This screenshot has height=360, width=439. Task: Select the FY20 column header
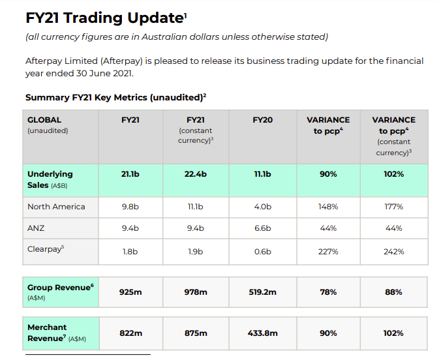pos(262,120)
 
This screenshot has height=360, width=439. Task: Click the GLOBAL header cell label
pos(44,120)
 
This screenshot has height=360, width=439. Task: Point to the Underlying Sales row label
pos(50,179)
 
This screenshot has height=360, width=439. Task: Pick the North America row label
pos(56,207)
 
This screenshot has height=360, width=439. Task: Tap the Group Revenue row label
pos(59,287)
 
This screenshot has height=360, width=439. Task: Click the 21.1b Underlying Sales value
pos(130,174)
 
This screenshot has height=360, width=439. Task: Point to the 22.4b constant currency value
pos(196,174)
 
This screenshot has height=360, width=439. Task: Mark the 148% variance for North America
pos(328,207)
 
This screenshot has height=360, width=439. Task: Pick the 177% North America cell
pos(393,207)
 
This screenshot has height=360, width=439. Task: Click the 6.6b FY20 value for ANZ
pos(262,228)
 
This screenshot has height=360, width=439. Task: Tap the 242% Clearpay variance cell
pos(393,251)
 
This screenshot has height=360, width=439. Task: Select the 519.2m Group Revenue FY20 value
pos(262,292)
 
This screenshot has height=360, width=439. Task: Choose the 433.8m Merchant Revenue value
pos(262,333)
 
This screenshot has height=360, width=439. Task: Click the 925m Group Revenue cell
pos(130,292)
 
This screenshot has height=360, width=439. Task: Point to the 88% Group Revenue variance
pos(393,292)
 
